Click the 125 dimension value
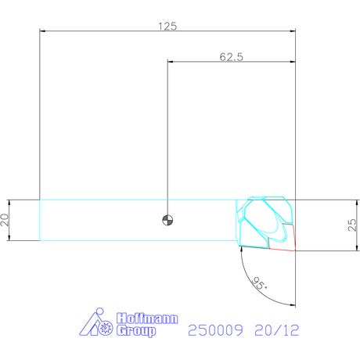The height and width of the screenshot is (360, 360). tap(167, 27)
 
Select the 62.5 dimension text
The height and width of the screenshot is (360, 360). tap(232, 57)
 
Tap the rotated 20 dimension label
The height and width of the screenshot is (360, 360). tap(5, 220)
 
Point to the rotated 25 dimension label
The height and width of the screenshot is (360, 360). tap(352, 225)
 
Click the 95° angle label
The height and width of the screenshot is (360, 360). tap(259, 283)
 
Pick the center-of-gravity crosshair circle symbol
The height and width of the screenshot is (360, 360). tap(167, 220)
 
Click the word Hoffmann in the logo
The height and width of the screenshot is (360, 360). tap(147, 319)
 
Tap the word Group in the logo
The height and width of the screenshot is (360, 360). tap(136, 331)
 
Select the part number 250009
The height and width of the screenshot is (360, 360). tap(215, 330)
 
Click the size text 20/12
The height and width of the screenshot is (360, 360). tap(277, 330)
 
